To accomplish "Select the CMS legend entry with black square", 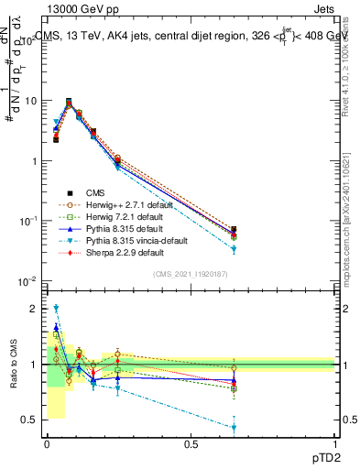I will click(x=101, y=193).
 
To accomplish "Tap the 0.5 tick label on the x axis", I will click(x=191, y=445).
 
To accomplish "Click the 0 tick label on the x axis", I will click(x=46, y=445).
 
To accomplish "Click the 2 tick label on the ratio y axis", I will click(x=35, y=309).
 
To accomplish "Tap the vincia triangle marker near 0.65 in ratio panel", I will click(x=235, y=428).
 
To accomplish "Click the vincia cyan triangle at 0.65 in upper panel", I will click(x=235, y=249).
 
